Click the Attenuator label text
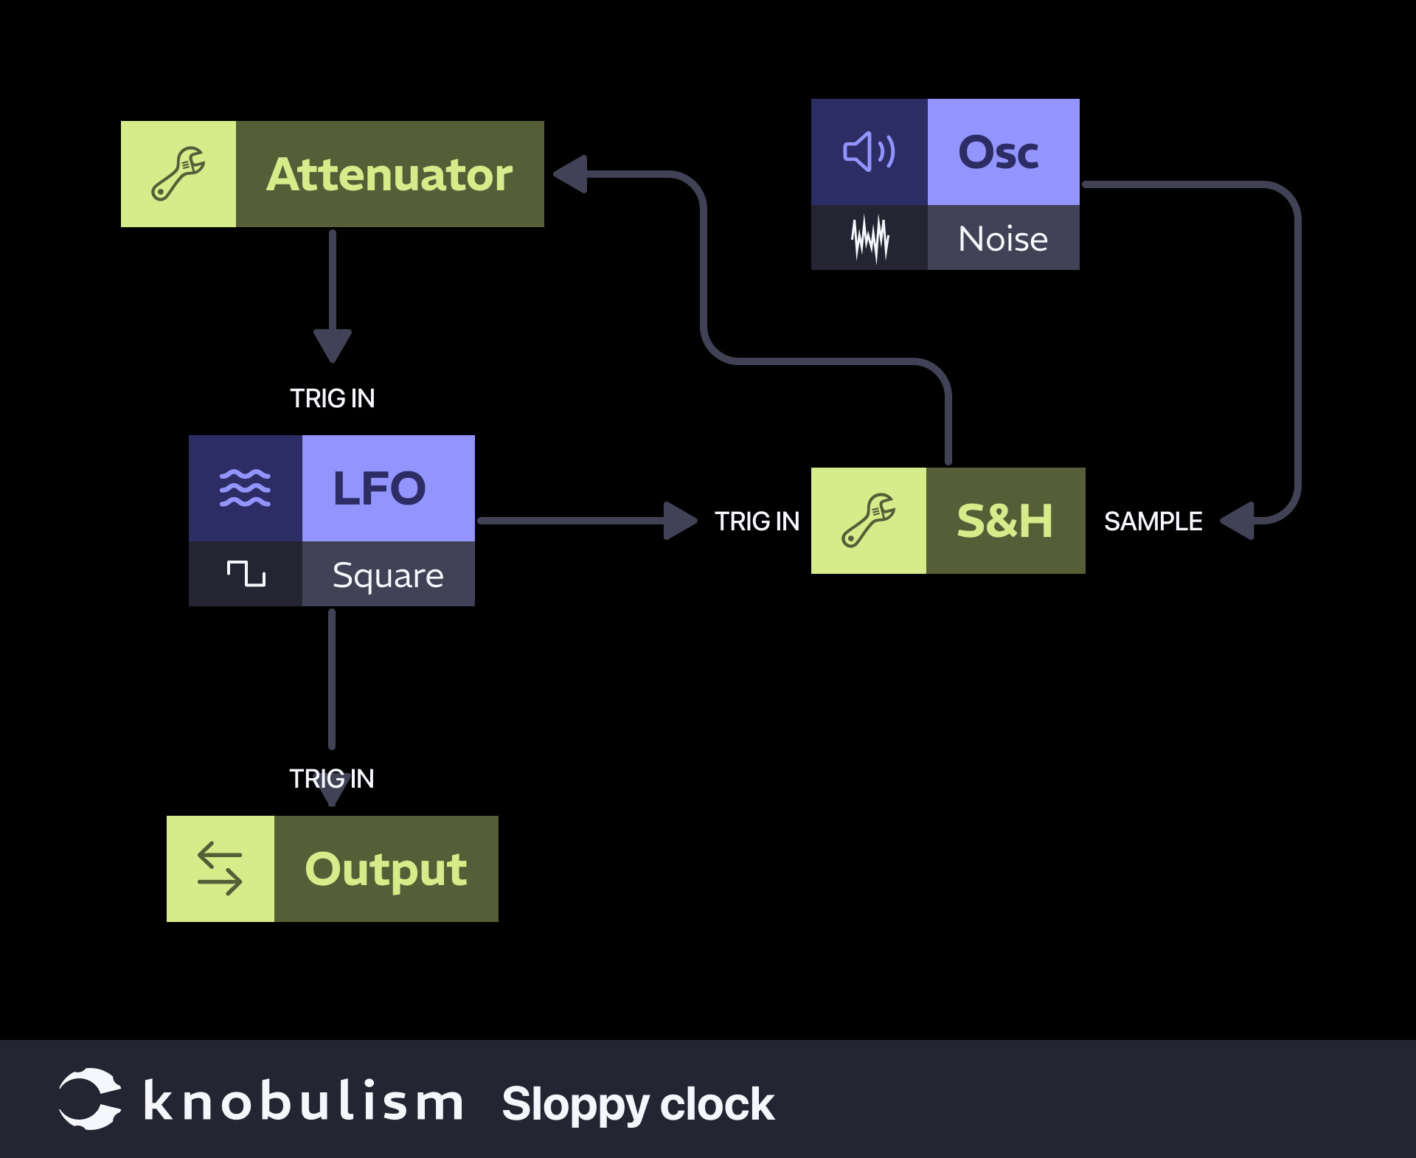click(389, 175)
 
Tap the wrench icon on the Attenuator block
click(178, 174)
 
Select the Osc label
click(999, 153)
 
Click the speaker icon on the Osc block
click(869, 152)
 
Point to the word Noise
click(1003, 239)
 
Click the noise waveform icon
click(870, 238)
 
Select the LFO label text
click(380, 488)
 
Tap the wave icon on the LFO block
click(246, 488)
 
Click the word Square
click(388, 575)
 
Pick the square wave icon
click(246, 574)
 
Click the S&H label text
click(1004, 521)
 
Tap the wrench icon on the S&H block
click(869, 521)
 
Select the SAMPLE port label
click(1153, 521)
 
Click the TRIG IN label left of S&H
click(757, 521)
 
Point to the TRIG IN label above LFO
click(332, 398)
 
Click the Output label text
click(386, 869)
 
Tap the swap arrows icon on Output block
click(220, 869)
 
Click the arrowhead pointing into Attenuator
click(571, 174)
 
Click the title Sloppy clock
click(638, 1104)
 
